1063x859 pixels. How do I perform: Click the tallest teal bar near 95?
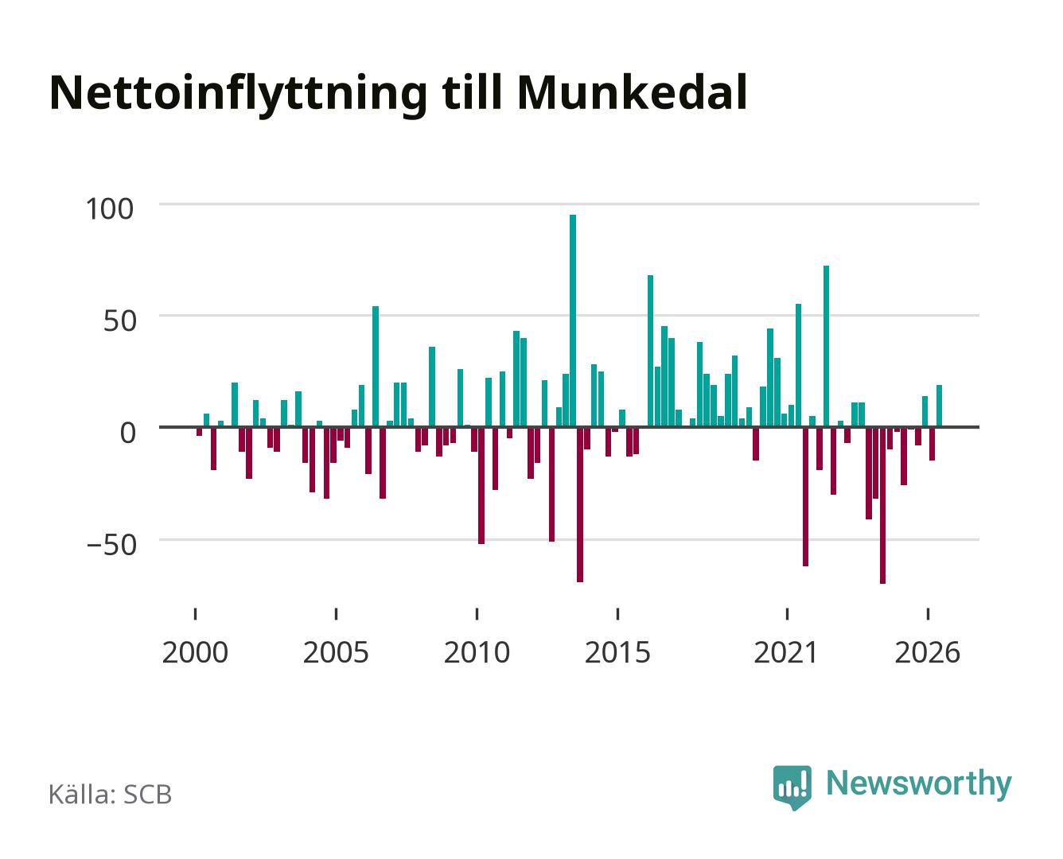coord(573,321)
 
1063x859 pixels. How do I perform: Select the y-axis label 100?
coord(110,209)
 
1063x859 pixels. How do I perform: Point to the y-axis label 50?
coord(120,321)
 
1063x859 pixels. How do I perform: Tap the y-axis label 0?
coord(128,433)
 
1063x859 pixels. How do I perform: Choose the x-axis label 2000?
coord(195,652)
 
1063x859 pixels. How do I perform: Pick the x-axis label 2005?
coord(336,652)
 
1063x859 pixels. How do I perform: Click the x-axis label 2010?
coord(477,652)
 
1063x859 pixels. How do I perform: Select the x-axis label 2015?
coord(618,652)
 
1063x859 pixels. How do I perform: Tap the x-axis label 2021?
coord(787,652)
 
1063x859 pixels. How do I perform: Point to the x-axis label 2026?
coord(928,652)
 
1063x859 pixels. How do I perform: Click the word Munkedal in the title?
coord(633,92)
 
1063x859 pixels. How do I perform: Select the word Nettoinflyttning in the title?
coord(238,95)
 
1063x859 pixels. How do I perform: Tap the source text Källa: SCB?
coord(111,794)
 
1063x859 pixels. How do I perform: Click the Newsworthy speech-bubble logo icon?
coord(792,787)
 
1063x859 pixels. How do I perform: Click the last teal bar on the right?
coord(939,406)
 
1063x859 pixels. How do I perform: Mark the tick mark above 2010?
coord(477,613)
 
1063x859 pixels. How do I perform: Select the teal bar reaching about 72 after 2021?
coord(827,346)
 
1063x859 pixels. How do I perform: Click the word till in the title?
coord(472,92)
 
